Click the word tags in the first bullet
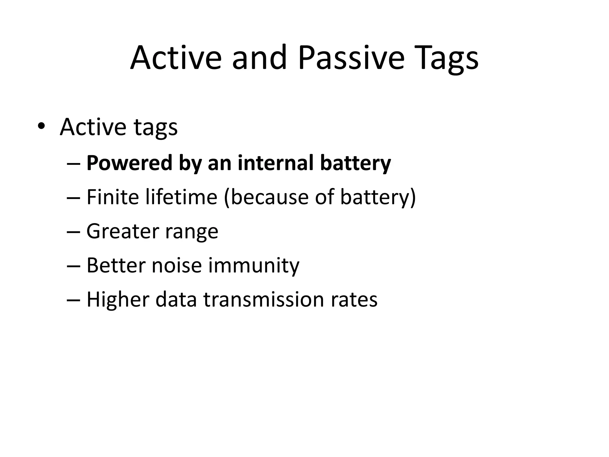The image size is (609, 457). coord(156,127)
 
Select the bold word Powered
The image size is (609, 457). coord(129,163)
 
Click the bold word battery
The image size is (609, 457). coord(355,163)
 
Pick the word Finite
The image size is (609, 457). coord(112,197)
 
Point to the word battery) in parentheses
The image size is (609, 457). coord(378,197)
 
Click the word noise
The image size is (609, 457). coord(177,265)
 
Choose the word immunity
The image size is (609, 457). coord(254,265)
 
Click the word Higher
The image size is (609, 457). coord(118,299)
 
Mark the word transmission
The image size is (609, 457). coord(263,299)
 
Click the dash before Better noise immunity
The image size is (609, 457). coord(74,266)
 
